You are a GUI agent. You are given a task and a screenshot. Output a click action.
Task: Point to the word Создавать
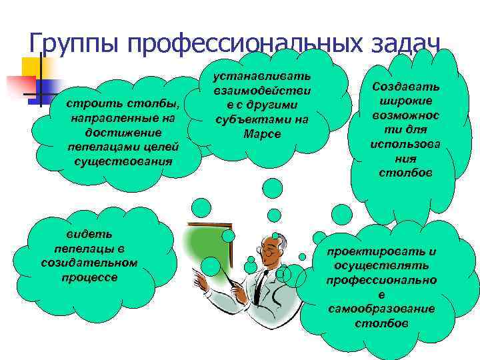[406, 88]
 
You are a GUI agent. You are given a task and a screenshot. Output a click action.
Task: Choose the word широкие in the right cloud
[406, 101]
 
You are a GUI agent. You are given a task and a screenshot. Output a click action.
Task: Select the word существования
[123, 161]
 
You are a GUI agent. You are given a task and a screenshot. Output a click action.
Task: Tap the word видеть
[89, 235]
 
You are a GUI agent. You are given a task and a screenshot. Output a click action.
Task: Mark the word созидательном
[89, 262]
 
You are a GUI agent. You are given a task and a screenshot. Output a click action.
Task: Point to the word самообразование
[381, 309]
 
